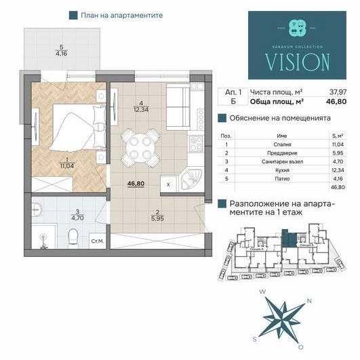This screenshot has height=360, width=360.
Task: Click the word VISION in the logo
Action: pos(289,62)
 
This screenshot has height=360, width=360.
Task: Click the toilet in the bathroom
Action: pos(73,236)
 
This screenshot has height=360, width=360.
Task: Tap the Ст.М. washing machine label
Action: pos(97,240)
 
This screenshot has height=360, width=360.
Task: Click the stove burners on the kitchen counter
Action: pos(196,142)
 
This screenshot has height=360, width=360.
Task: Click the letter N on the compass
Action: pos(309,300)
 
